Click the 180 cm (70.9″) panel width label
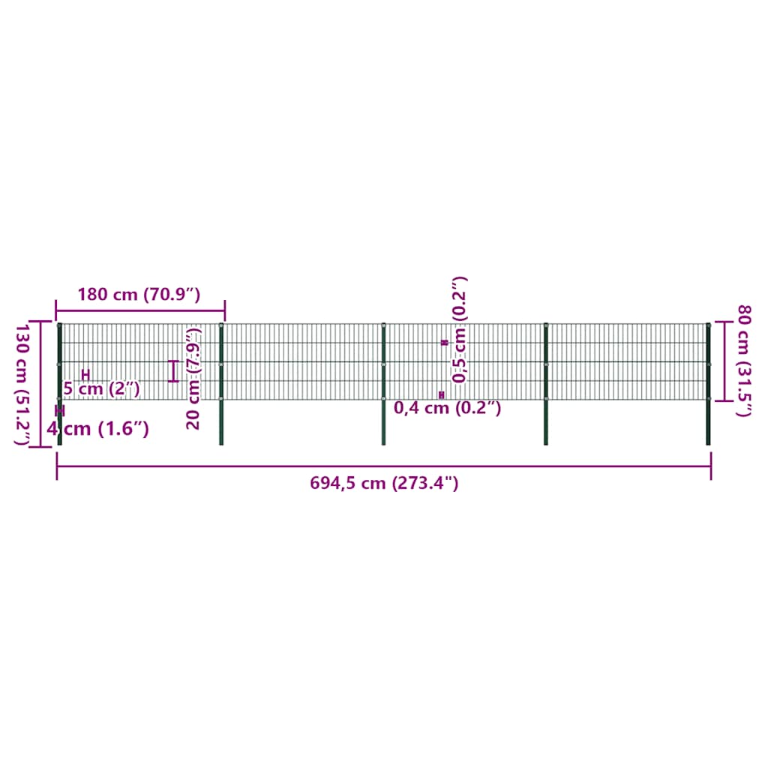pyautogui.click(x=139, y=294)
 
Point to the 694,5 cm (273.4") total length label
pyautogui.click(x=384, y=484)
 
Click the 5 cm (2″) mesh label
pyautogui.click(x=101, y=388)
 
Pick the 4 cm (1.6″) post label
pyautogui.click(x=97, y=429)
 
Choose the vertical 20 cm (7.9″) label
pyautogui.click(x=194, y=378)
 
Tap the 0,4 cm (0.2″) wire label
pyautogui.click(x=448, y=408)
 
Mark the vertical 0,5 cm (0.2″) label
pyautogui.click(x=460, y=330)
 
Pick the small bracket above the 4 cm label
pyautogui.click(x=60, y=411)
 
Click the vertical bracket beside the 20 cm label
pyautogui.click(x=175, y=370)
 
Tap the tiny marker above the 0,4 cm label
pyautogui.click(x=442, y=394)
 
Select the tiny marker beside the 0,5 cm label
pyautogui.click(x=444, y=342)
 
